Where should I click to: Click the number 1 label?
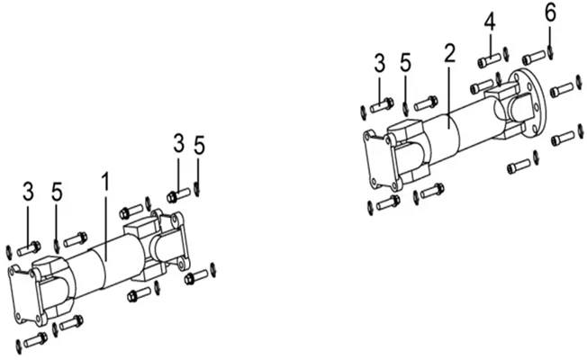(106, 182)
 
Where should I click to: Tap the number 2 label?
(449, 53)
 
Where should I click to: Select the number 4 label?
(490, 22)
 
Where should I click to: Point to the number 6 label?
(550, 12)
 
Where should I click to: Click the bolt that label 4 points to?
(489, 60)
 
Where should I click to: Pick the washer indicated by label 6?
(551, 52)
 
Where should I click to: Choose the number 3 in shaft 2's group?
(380, 64)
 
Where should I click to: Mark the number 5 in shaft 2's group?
(405, 63)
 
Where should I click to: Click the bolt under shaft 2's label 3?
(382, 105)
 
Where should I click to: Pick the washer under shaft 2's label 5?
(406, 108)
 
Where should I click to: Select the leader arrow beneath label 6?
(551, 37)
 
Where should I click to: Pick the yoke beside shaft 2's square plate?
(409, 151)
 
